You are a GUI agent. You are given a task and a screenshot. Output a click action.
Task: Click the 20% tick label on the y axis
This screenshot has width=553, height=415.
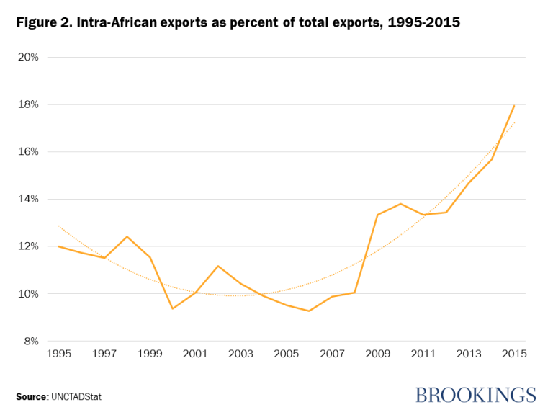pyautogui.click(x=28, y=57)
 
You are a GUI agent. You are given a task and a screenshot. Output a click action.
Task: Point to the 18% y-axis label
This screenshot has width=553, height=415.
pyautogui.click(x=28, y=104)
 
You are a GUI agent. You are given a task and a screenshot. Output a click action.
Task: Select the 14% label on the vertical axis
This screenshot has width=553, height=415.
pyautogui.click(x=28, y=199)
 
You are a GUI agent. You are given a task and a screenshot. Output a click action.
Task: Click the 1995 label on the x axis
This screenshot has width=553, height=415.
pyautogui.click(x=58, y=354)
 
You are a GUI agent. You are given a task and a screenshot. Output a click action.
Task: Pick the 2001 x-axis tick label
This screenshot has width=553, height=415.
pyautogui.click(x=195, y=354)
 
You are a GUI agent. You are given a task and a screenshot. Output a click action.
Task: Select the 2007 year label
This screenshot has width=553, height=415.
pyautogui.click(x=332, y=354)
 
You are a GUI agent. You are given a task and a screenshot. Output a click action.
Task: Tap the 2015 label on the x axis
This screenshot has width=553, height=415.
pyautogui.click(x=515, y=354)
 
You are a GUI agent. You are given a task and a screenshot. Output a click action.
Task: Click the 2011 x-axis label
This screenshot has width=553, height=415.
pyautogui.click(x=423, y=354)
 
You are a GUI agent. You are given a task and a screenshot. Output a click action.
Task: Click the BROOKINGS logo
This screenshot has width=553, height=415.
pyautogui.click(x=475, y=395)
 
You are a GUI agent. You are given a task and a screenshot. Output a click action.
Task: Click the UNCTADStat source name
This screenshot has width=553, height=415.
pyautogui.click(x=77, y=396)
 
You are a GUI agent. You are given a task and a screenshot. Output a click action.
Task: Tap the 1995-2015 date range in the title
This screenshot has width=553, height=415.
pyautogui.click(x=424, y=23)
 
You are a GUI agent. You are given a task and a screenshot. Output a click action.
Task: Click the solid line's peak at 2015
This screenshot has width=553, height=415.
pyautogui.click(x=515, y=105)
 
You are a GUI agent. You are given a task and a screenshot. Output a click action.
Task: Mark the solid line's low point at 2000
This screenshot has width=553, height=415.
pyautogui.click(x=172, y=308)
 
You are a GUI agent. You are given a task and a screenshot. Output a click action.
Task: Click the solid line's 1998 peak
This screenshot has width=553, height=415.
pyautogui.click(x=127, y=236)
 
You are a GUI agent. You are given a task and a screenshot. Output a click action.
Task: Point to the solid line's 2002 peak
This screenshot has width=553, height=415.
pyautogui.click(x=217, y=266)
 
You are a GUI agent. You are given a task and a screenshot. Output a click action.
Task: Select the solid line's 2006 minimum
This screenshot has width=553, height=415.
pyautogui.click(x=309, y=311)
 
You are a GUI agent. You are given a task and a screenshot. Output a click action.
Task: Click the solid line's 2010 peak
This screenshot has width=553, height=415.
pyautogui.click(x=400, y=203)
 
